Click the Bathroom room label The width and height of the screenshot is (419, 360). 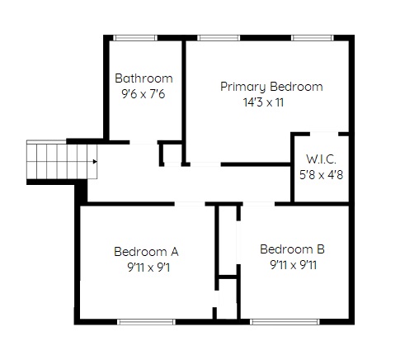point(144,78)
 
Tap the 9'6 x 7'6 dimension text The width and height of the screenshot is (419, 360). point(144,94)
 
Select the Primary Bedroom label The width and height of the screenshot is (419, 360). point(271,87)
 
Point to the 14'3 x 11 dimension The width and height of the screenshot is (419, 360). point(263,102)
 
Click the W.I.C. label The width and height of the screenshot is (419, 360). point(321,159)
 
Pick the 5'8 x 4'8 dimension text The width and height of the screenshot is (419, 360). point(321,175)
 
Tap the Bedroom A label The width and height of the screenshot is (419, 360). point(146,252)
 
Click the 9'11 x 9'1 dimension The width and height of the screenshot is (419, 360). point(148,268)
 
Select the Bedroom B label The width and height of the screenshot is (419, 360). point(292,249)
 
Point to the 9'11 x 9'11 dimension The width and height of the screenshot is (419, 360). point(294,265)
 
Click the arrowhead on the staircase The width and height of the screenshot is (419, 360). point(95,162)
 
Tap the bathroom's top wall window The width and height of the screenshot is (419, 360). point(135,38)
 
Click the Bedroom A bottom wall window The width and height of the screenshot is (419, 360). point(146,322)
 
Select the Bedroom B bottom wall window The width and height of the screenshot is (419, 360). point(285,322)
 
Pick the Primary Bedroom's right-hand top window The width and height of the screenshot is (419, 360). point(313,38)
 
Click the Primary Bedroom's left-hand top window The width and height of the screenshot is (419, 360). point(219,38)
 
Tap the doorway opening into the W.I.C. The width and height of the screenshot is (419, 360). point(324,134)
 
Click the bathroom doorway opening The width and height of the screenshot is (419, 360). point(144,142)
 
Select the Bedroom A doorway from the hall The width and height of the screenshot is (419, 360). point(190,204)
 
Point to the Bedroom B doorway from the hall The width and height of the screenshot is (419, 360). point(259,204)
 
